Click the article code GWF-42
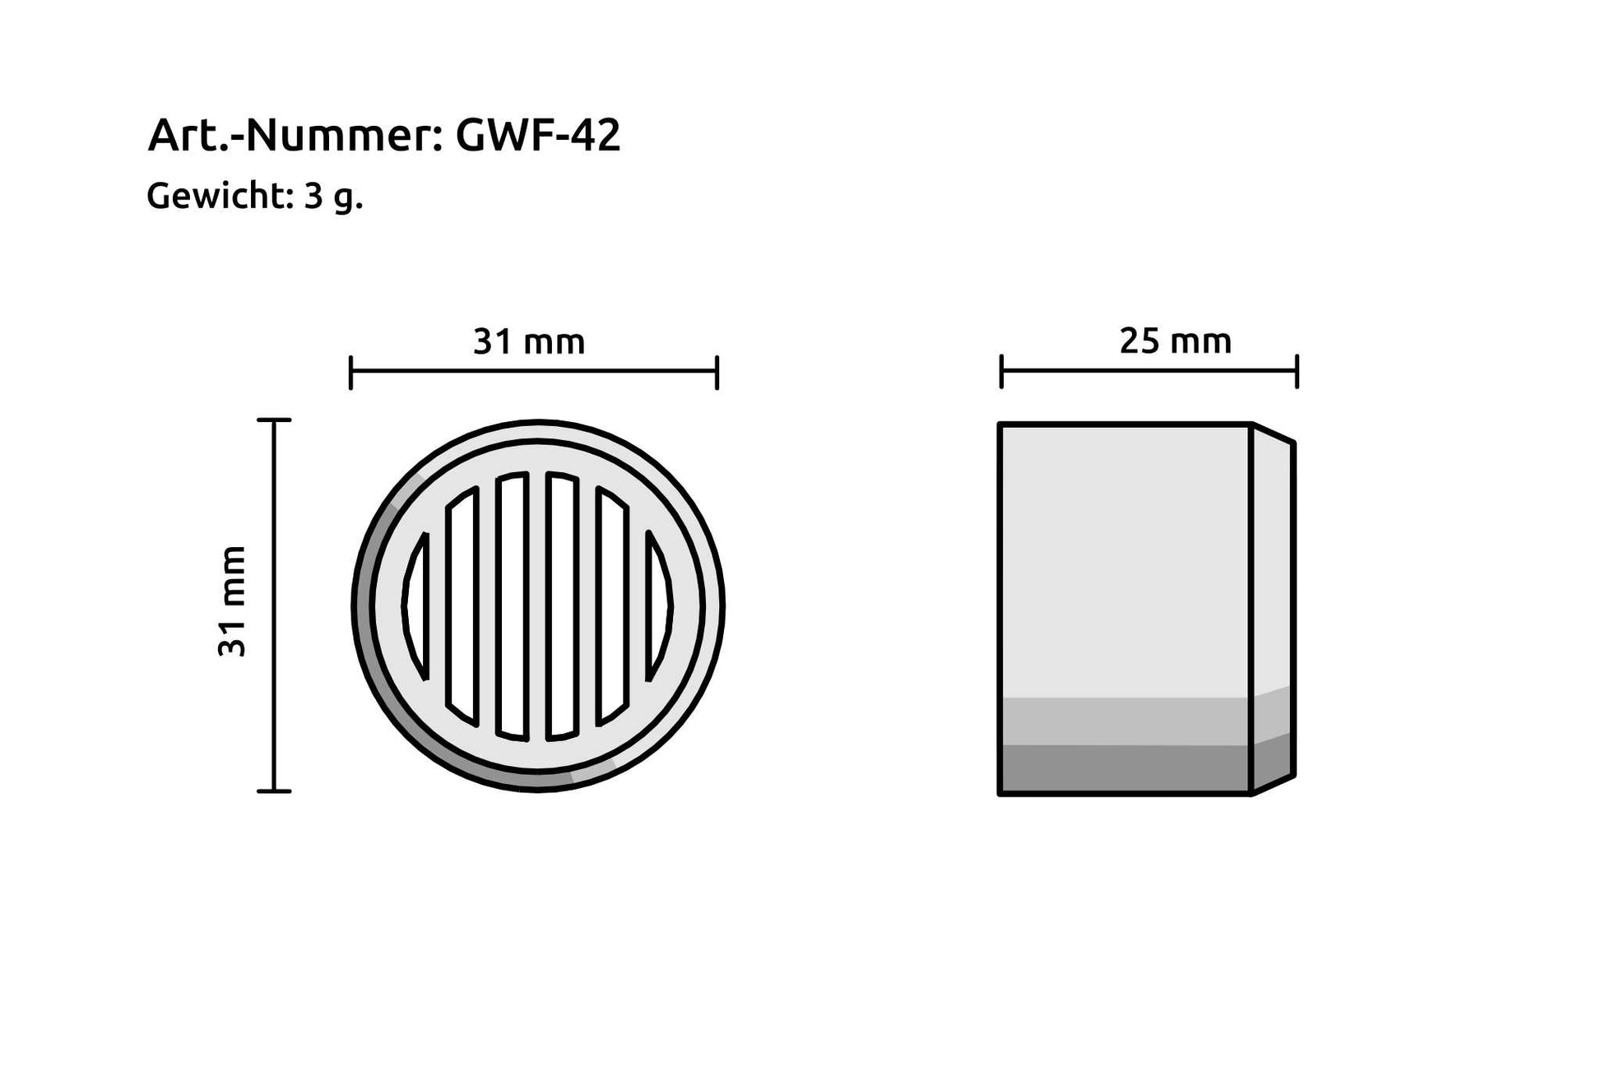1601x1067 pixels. pos(537,135)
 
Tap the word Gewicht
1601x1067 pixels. pos(216,196)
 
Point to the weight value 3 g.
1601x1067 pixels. pos(333,197)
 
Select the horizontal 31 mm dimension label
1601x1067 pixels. pos(528,341)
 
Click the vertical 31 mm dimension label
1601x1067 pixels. pos(232,601)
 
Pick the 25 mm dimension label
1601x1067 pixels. pos(1175,341)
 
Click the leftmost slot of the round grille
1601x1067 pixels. pos(417,606)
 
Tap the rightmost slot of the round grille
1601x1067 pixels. pos(659,606)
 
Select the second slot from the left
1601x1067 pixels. pos(462,606)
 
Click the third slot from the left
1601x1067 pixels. pos(512,606)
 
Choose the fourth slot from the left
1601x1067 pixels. pos(563,606)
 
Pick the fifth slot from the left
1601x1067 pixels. pos(612,606)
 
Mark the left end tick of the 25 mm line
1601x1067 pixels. pos(1001,371)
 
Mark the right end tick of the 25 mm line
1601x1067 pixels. pos(1297,371)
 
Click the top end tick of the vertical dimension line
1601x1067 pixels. pos(274,420)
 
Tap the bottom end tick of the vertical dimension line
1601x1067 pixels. pos(274,791)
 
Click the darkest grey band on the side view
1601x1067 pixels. pos(1124,769)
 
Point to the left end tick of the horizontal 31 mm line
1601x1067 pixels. pos(351,372)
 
